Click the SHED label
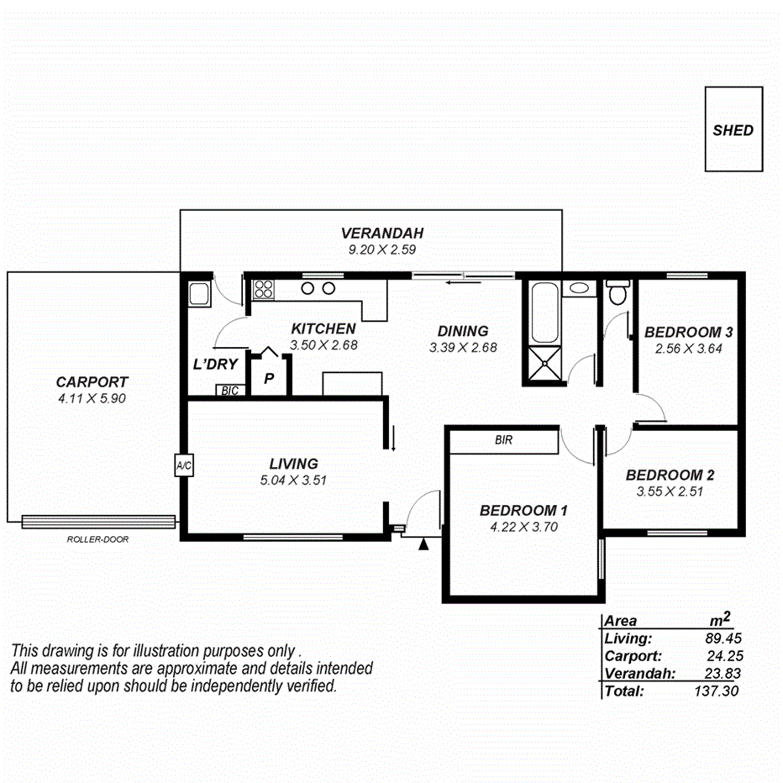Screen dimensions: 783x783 [733, 130]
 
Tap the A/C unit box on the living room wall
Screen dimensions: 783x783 [183, 465]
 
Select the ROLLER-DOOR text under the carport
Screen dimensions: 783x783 [97, 539]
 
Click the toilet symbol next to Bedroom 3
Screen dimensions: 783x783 [618, 294]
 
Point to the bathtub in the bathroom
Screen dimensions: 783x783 [544, 312]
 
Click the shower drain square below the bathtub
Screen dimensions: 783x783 [544, 365]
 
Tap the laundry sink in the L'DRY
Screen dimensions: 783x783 [198, 294]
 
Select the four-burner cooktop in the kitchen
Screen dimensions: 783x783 [264, 289]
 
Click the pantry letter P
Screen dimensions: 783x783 [269, 379]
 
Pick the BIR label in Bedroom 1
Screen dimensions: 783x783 [503, 439]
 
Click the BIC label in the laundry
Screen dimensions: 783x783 [228, 391]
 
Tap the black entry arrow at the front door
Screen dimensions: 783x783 [424, 545]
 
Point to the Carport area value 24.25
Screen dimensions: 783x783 [724, 656]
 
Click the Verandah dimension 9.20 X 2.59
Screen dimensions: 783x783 [382, 249]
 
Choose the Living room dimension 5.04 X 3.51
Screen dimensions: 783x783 [293, 481]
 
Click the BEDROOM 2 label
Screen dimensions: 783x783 [670, 475]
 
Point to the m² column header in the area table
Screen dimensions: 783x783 [719, 620]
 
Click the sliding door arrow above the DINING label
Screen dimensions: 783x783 [459, 282]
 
